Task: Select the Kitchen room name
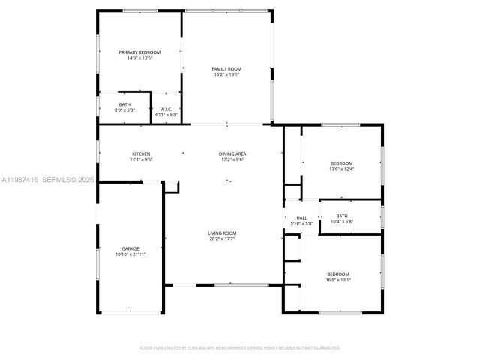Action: [x=141, y=154]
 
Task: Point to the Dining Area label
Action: [x=232, y=154]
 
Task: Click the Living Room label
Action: [x=222, y=233]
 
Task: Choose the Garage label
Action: [x=130, y=248]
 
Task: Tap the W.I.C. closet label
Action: [x=166, y=109]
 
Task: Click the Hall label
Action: [x=301, y=217]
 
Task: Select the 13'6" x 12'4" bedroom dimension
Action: [x=341, y=169]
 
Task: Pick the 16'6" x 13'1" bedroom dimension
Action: [x=337, y=280]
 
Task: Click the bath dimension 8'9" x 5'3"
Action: [x=124, y=110]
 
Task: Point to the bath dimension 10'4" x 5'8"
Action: [x=342, y=221]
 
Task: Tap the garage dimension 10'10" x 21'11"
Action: [x=130, y=254]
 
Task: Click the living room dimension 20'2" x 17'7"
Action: [x=222, y=239]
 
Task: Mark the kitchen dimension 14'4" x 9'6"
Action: [x=141, y=160]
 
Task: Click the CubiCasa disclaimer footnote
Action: [x=240, y=348]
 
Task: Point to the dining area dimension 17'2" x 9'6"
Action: [x=232, y=160]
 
